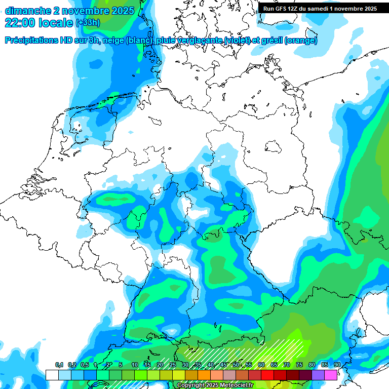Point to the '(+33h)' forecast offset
[88, 23]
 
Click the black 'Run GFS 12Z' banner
[320, 9]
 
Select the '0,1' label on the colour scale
[59, 365]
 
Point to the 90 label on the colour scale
[337, 365]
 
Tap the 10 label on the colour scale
[135, 365]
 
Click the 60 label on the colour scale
[261, 365]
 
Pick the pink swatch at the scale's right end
[331, 375]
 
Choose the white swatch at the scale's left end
[52, 375]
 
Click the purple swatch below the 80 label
[318, 375]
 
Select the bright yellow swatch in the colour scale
[179, 375]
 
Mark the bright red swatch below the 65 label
[267, 375]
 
